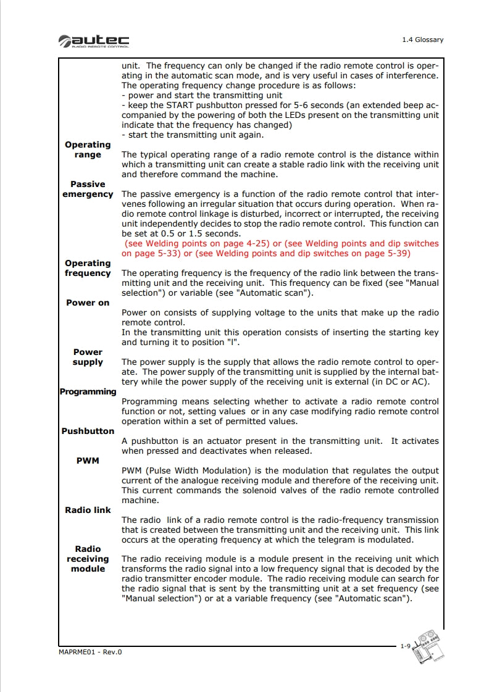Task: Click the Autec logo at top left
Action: (94, 41)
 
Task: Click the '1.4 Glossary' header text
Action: (422, 40)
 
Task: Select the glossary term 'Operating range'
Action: (88, 150)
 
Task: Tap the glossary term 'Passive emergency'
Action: (88, 190)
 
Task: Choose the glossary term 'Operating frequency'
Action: (88, 269)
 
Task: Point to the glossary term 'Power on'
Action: (88, 303)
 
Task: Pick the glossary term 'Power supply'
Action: (88, 357)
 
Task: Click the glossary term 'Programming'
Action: (88, 392)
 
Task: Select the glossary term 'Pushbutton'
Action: (88, 431)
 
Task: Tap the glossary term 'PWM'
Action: (88, 461)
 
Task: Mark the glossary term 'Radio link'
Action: (88, 511)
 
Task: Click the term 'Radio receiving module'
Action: (88, 559)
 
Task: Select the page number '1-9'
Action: (405, 646)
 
